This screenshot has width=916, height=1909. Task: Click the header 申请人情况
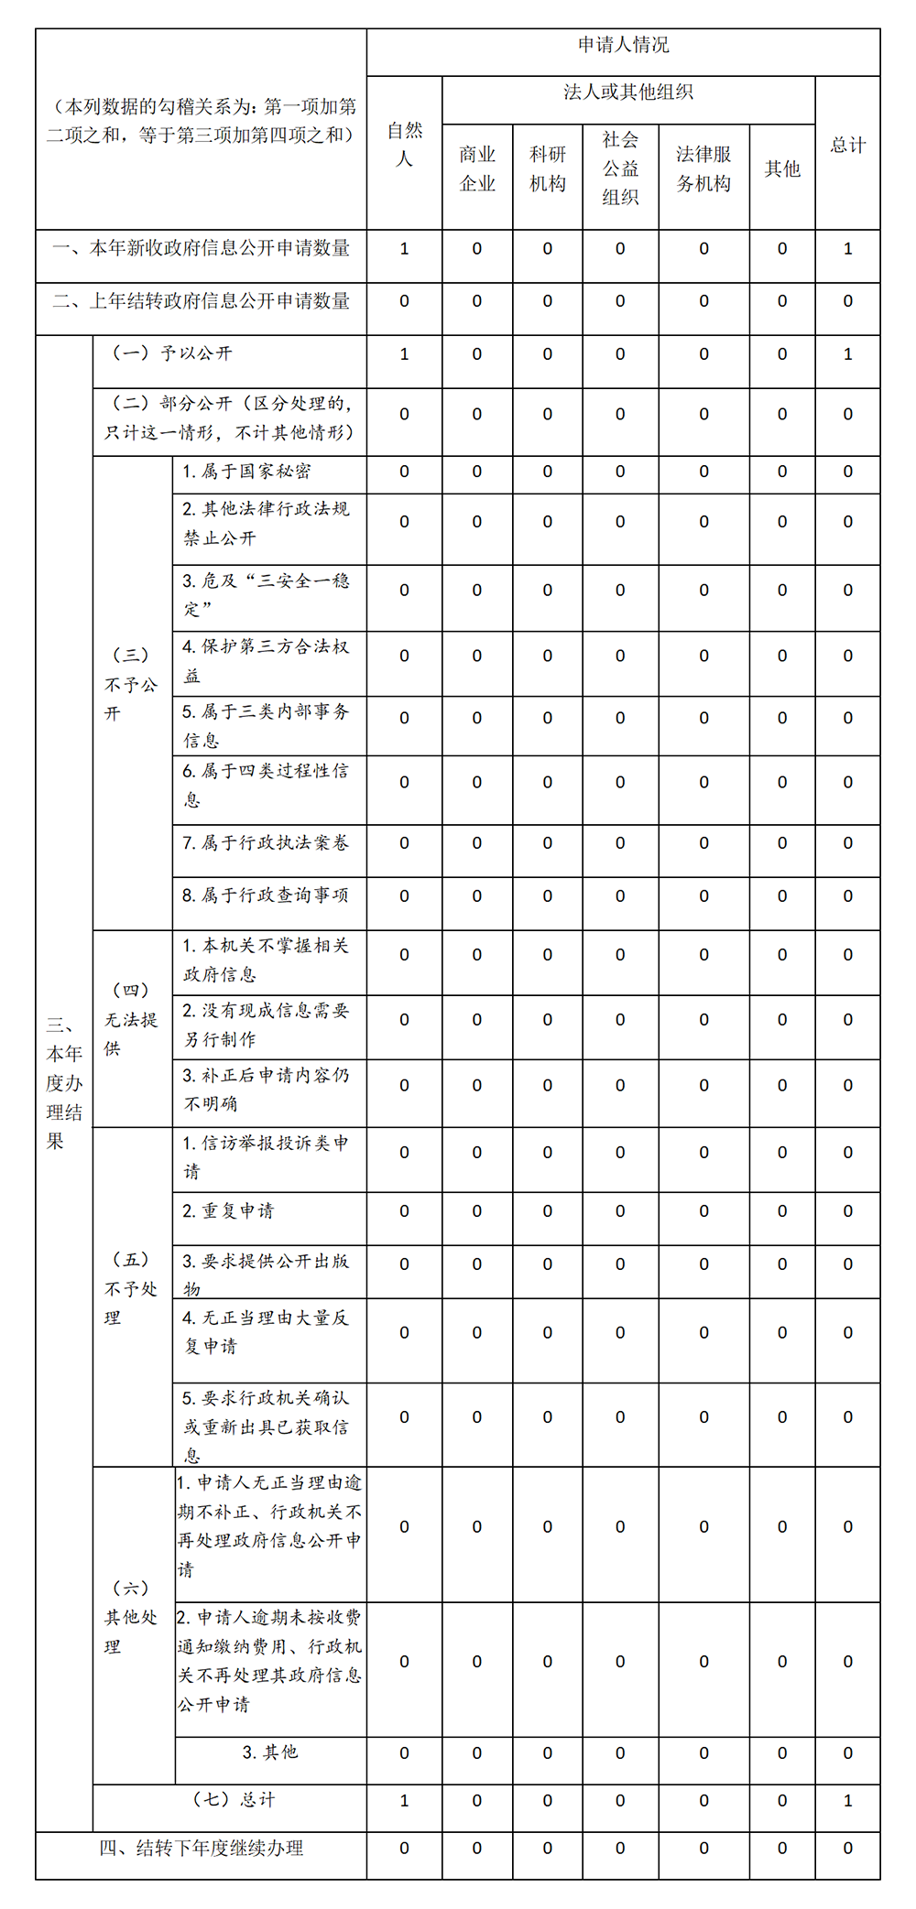(x=623, y=45)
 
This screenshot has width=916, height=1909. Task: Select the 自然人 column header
(x=404, y=145)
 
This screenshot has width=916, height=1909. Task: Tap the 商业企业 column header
(x=477, y=168)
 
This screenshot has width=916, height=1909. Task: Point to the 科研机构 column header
(x=548, y=168)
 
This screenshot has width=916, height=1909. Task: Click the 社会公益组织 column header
(x=620, y=168)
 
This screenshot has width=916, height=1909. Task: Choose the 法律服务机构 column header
(x=703, y=168)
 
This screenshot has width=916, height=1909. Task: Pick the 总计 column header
(x=847, y=145)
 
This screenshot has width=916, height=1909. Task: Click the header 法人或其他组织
(x=628, y=92)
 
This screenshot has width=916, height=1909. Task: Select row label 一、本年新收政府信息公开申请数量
(x=202, y=248)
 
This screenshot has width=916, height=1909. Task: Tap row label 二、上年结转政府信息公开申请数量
(x=202, y=301)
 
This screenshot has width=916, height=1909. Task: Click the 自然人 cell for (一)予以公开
(x=404, y=354)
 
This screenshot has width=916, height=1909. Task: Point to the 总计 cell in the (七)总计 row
(x=847, y=1800)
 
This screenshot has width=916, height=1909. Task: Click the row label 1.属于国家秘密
(x=247, y=472)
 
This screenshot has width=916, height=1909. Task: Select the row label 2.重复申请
(x=229, y=1211)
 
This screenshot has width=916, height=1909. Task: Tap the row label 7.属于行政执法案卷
(x=266, y=843)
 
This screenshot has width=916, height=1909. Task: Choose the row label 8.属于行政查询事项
(x=266, y=895)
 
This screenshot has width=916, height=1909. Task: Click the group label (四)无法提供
(x=131, y=1019)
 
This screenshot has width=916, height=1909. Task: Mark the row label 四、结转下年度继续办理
(x=202, y=1849)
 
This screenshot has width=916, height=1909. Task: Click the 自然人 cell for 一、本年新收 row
(x=404, y=248)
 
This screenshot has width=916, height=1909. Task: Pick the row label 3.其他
(x=270, y=1752)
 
